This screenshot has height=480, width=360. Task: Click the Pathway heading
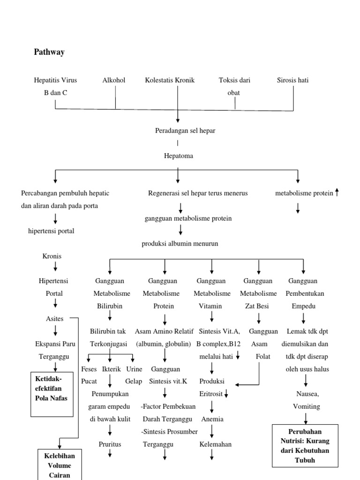pos(49,52)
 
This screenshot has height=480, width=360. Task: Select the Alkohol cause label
pos(114,80)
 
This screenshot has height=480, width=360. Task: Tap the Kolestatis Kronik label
pos(170,80)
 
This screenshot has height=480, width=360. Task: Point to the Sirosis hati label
pos(293,80)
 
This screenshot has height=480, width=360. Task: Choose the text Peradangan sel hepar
pos(185,130)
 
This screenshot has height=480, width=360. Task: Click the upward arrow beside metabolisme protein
pos(337,193)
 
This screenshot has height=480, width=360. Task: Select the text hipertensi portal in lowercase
pos(51,231)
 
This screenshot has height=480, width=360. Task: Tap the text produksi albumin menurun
pos(180,243)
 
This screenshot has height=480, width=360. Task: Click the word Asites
pos(54,319)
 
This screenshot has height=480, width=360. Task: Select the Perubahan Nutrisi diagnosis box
pos(306,445)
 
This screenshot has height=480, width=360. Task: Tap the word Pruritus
pos(110,444)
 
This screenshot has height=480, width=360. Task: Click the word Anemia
pos(212,419)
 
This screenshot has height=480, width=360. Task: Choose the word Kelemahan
pos(216,444)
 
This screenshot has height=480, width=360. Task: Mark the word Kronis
pos(52,256)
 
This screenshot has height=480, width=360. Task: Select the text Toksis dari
pos(234,80)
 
